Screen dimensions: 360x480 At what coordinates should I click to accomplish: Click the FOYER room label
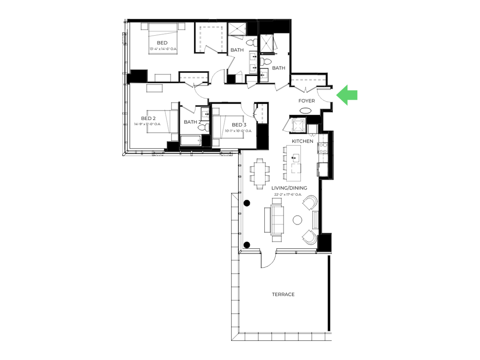(307, 101)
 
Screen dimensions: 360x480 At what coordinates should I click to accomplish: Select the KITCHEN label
(302, 141)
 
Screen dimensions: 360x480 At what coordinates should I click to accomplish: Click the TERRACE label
(283, 294)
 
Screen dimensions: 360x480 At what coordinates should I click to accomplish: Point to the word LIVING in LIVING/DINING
(279, 188)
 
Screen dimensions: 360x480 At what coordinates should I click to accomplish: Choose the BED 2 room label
(148, 118)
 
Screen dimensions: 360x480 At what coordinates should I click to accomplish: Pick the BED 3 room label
(239, 125)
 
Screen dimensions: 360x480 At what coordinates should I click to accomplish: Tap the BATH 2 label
(192, 122)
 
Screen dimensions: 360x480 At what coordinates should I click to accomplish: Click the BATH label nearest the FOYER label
(278, 68)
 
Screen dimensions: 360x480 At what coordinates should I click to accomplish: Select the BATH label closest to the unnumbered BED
(237, 50)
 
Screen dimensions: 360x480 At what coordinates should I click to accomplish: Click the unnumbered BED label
(162, 43)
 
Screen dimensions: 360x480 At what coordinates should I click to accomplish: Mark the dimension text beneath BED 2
(148, 124)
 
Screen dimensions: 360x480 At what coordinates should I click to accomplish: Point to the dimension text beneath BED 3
(239, 130)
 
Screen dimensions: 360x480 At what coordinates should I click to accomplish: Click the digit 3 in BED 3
(245, 125)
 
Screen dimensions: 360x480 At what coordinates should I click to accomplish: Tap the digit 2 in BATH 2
(200, 122)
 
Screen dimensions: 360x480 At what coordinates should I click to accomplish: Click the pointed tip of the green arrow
(336, 95)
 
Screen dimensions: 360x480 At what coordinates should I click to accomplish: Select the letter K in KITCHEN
(293, 141)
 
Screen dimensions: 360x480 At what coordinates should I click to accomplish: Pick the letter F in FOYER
(300, 101)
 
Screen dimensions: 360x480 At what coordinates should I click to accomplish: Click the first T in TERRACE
(273, 294)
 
